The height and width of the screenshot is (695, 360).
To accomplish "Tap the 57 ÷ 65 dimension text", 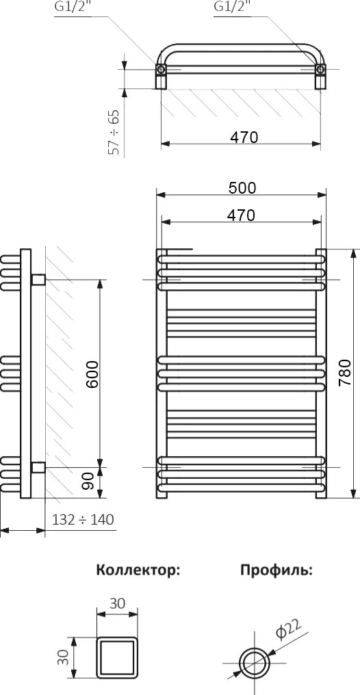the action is [114, 131].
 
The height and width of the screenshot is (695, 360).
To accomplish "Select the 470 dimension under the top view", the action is [244, 137].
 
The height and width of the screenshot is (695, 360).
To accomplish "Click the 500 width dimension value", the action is [242, 188].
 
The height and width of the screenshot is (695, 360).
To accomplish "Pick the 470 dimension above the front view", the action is [241, 215].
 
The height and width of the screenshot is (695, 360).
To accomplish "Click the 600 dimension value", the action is [92, 374].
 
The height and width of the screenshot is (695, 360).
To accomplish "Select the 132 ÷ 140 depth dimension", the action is [83, 519].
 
